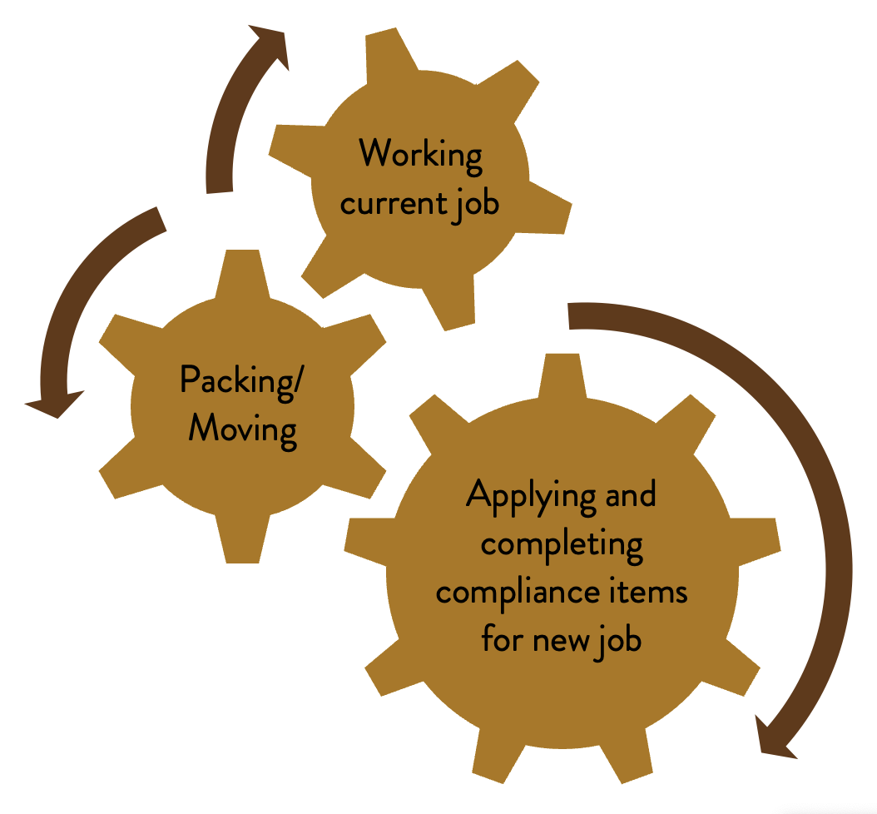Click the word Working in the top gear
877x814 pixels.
(x=421, y=155)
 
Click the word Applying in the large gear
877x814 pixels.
(x=520, y=497)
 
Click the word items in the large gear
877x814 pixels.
(x=650, y=593)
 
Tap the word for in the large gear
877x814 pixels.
(x=501, y=641)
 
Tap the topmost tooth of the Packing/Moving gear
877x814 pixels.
(x=242, y=271)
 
